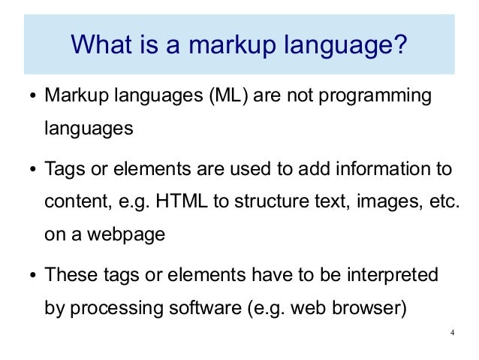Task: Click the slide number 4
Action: point(452,334)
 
